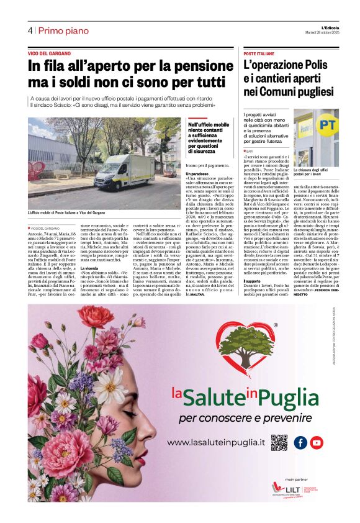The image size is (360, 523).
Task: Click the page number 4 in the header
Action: (x=30, y=30)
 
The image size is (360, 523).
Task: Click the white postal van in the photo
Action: (x=127, y=171)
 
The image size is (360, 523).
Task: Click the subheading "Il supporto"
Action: (x=253, y=316)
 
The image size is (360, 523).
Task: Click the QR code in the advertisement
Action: (x=279, y=442)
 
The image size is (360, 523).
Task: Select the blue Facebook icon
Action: (x=300, y=442)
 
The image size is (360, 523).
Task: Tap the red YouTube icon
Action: (x=317, y=442)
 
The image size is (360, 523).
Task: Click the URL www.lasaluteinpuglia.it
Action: (x=217, y=442)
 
